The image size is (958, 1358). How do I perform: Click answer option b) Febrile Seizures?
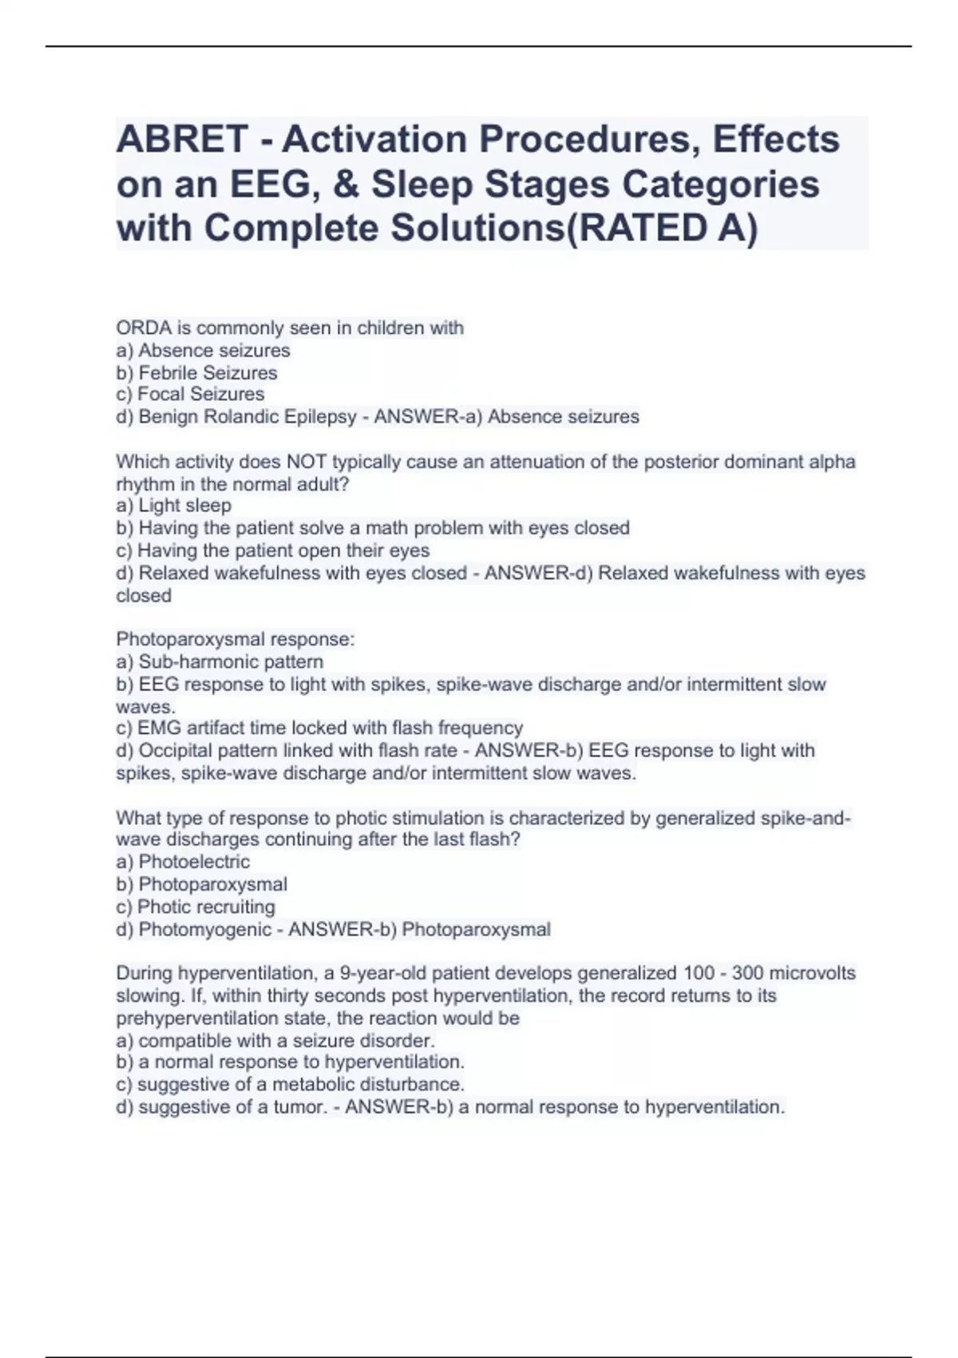[196, 373]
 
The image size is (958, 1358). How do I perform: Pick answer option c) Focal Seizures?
[190, 395]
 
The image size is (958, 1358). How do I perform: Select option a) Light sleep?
[173, 506]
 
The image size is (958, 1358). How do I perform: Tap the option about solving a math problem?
[373, 528]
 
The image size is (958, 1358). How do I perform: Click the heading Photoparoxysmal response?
[236, 639]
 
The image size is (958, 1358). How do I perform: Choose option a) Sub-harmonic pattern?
[220, 662]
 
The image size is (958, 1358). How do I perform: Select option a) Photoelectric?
[183, 862]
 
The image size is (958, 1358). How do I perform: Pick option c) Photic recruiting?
[196, 907]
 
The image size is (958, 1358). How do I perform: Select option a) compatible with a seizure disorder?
[275, 1041]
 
